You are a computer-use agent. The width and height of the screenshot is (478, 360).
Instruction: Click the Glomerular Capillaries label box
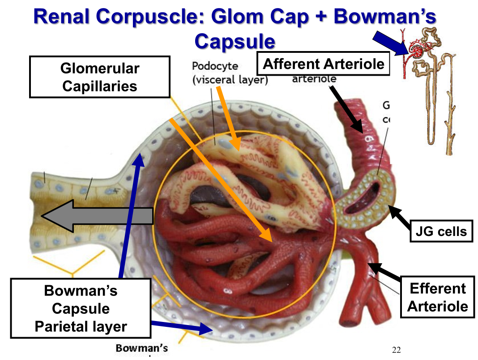[x=99, y=77]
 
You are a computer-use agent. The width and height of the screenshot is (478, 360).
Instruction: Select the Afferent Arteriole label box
[x=324, y=64]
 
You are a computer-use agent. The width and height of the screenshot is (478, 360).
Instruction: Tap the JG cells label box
[x=441, y=231]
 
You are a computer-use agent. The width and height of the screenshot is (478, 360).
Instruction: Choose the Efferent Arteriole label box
[x=437, y=297]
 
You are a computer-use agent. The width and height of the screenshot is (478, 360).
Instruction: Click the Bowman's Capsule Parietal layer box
[x=81, y=309]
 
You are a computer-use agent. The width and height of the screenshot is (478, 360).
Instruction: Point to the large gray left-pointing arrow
[x=96, y=216]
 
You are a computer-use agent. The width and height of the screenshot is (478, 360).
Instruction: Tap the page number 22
[x=396, y=350]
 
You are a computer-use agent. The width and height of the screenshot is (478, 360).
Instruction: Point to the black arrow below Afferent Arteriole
[x=346, y=107]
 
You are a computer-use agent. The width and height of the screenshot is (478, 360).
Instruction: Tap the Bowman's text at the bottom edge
[x=142, y=348]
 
